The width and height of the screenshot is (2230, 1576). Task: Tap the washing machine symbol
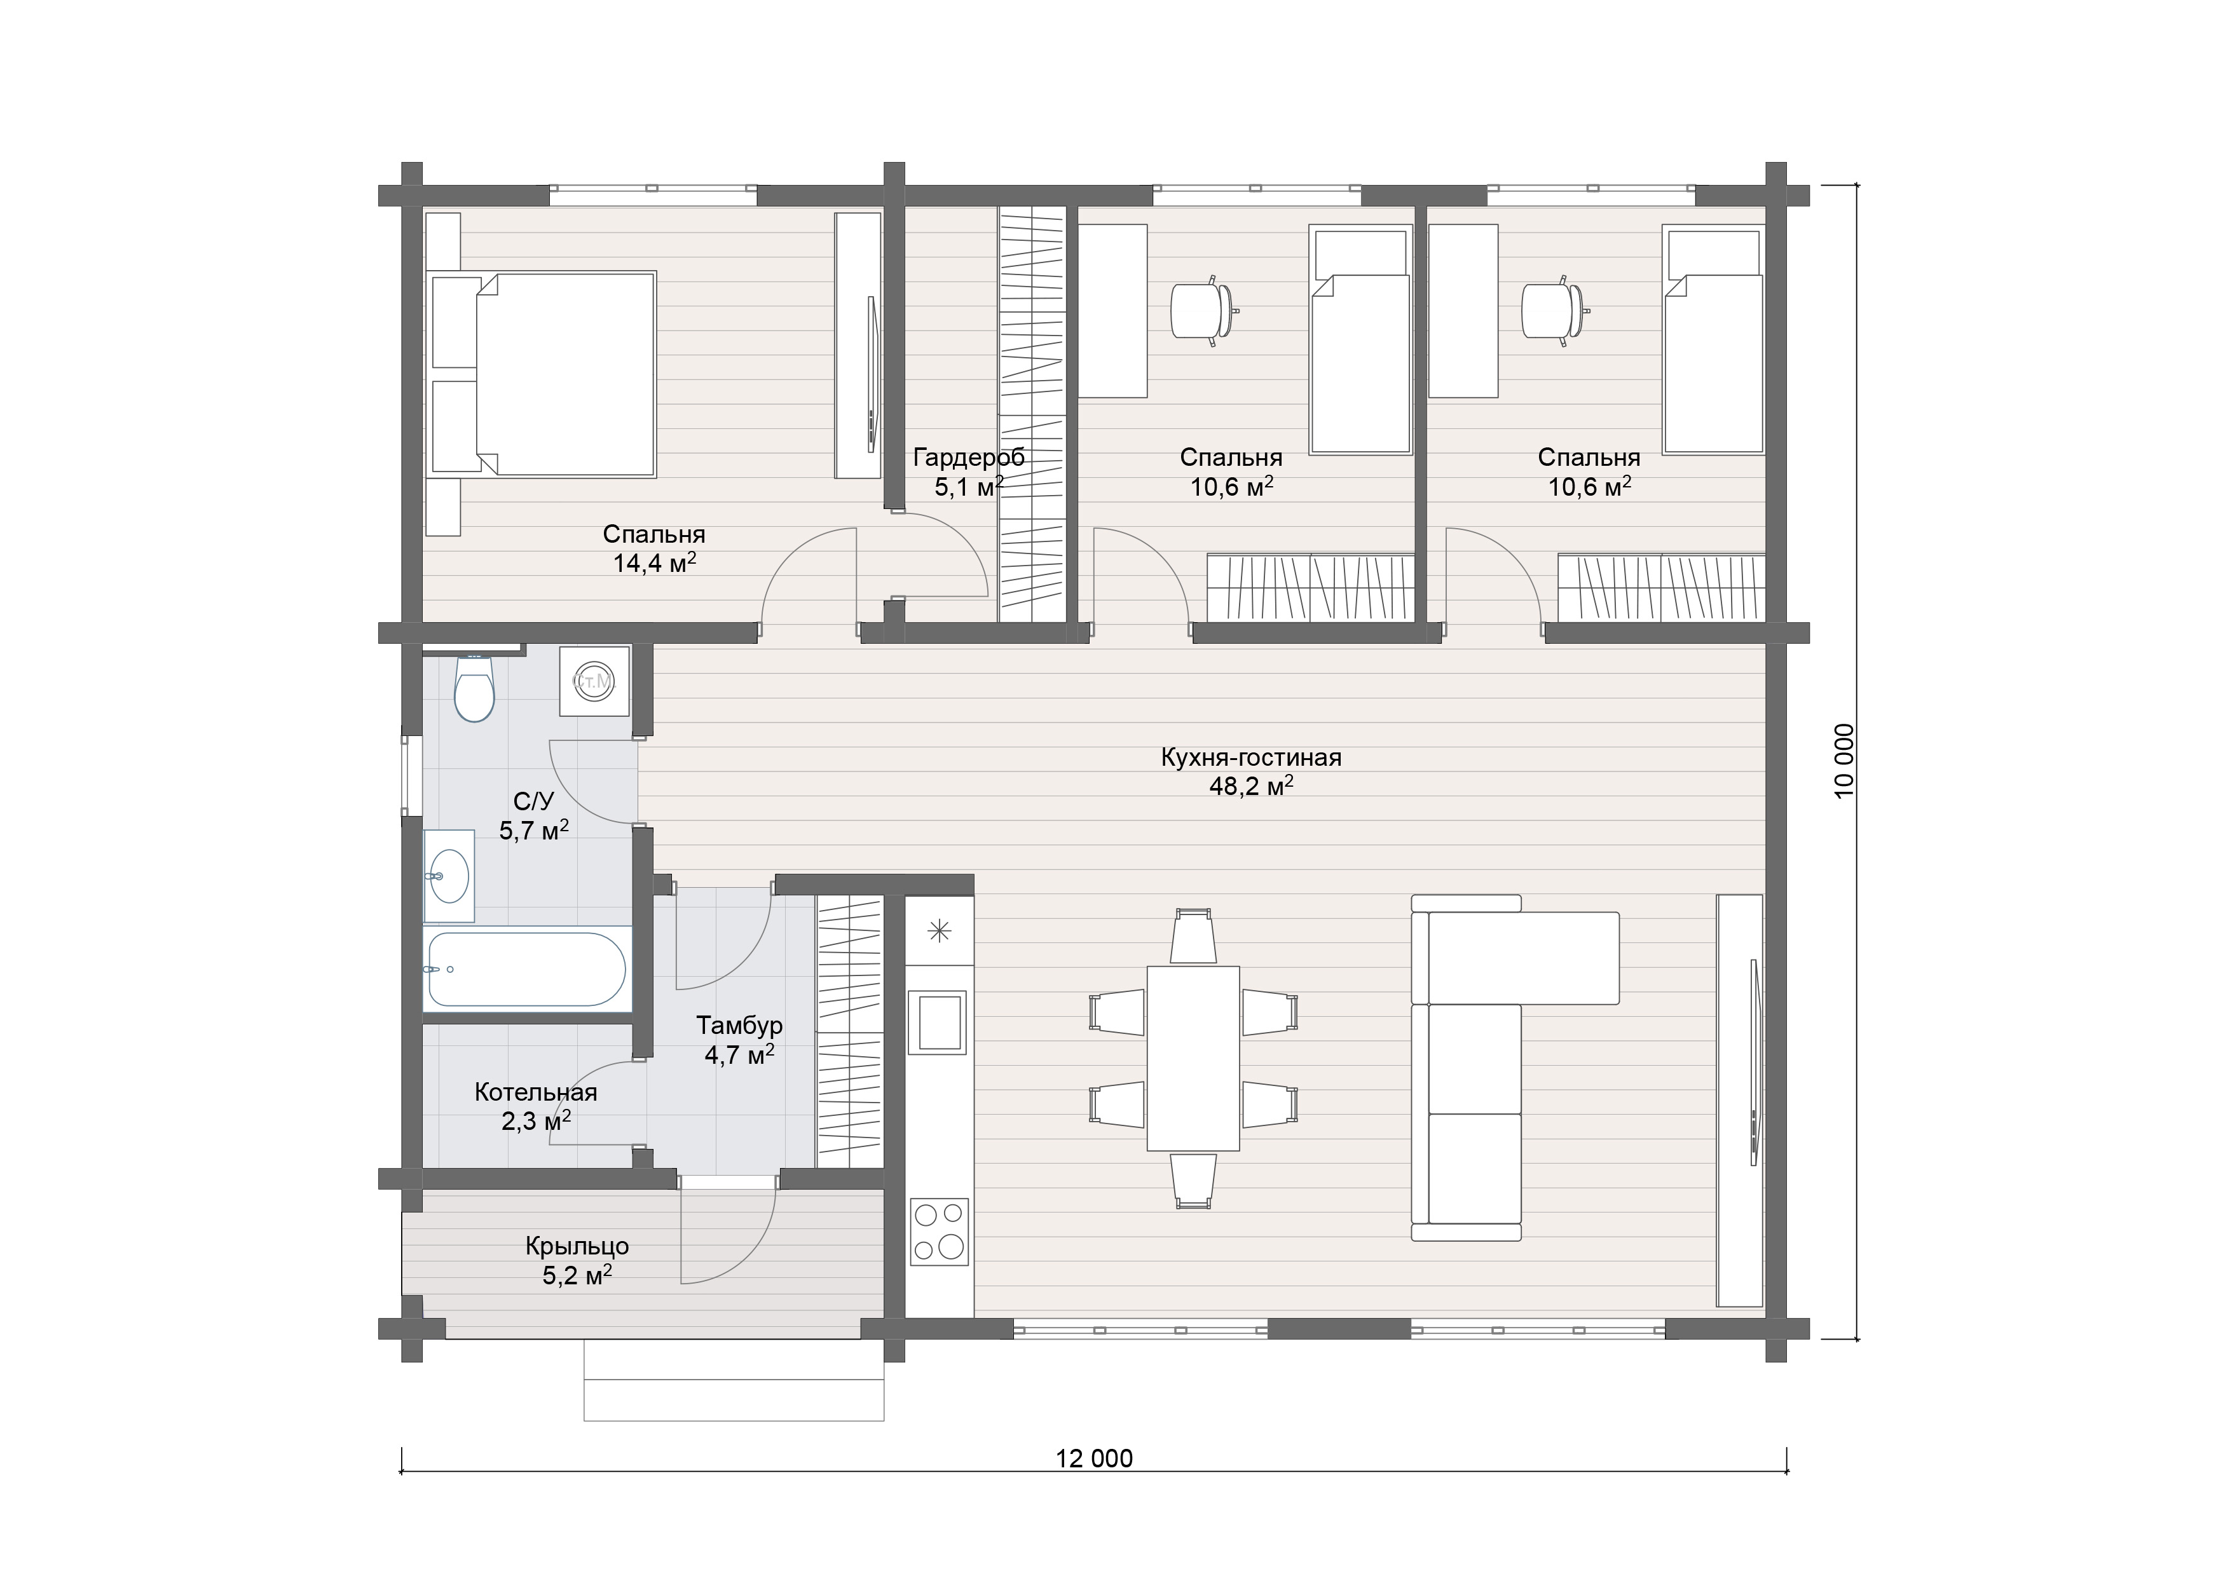tap(594, 681)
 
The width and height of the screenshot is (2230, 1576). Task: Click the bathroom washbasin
tap(449, 876)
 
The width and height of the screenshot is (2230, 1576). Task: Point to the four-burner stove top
tap(939, 1232)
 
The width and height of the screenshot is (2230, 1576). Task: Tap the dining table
tap(1193, 1057)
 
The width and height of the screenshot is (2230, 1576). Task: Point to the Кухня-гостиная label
tap(1251, 757)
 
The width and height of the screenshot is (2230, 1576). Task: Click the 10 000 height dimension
tap(1844, 760)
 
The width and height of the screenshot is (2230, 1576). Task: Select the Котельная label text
tap(535, 1092)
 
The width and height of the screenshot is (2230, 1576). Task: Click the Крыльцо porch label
tap(577, 1246)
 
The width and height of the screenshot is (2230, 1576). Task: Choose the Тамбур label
tap(739, 1026)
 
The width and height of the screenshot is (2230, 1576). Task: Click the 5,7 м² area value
tap(533, 830)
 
